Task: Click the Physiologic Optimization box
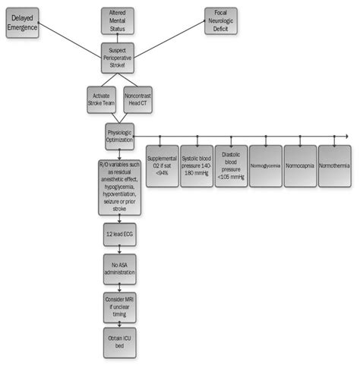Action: pyautogui.click(x=119, y=135)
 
